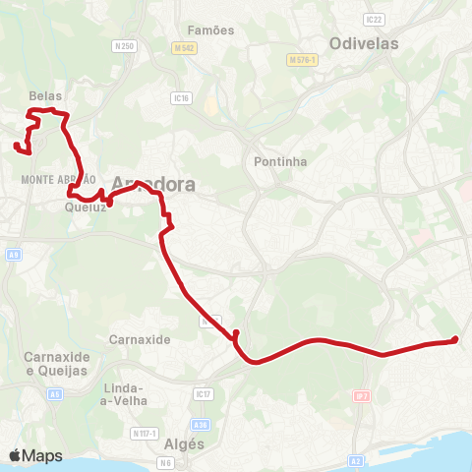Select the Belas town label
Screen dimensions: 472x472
point(46,95)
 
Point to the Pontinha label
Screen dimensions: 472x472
point(280,161)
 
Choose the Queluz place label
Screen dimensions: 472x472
point(85,207)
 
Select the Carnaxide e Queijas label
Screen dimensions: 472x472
point(57,363)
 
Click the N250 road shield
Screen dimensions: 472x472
point(123,46)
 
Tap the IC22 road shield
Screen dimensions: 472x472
point(373,19)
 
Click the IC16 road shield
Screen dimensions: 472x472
point(179,97)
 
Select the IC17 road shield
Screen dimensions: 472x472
point(204,394)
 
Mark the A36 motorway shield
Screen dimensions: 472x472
point(201,425)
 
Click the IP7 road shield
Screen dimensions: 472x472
point(362,395)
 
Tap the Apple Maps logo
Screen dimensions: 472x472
point(35,455)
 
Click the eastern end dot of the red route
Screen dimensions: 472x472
point(454,340)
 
